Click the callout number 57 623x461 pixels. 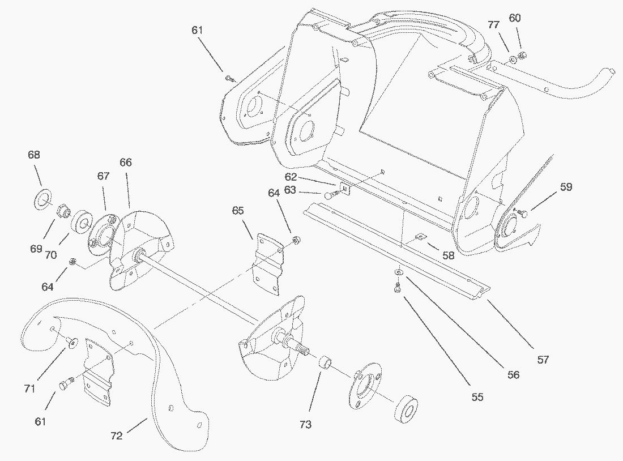543,359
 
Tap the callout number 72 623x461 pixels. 117,436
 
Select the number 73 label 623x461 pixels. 305,425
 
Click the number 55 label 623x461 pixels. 477,397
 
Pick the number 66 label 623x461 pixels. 125,163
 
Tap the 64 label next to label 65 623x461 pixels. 274,193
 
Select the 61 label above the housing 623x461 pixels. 197,30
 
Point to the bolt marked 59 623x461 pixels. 523,214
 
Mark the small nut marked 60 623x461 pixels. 523,55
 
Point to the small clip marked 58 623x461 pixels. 421,238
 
